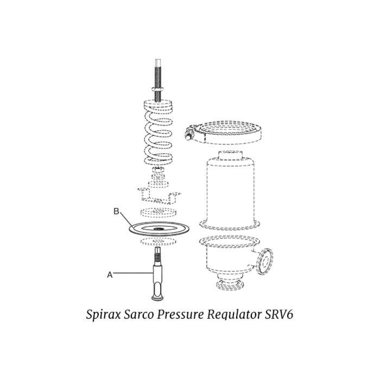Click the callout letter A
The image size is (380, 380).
tap(110, 275)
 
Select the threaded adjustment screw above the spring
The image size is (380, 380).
tap(158, 71)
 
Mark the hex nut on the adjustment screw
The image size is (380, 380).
tap(157, 88)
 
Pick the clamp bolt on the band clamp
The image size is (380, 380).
tap(191, 131)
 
